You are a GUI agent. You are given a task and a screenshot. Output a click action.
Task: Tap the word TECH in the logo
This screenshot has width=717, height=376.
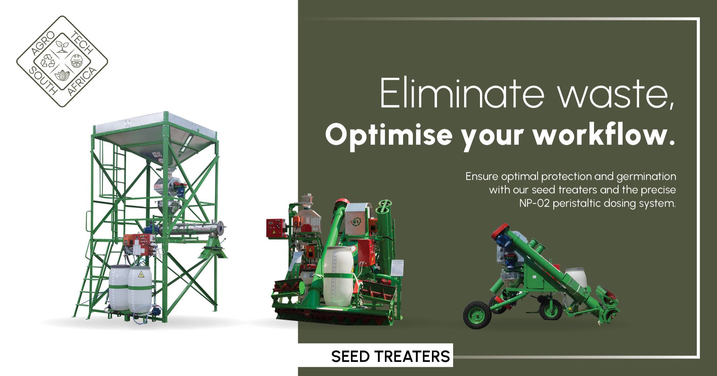click(82, 43)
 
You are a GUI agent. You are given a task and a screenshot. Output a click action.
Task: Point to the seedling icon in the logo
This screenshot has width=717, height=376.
click(62, 47)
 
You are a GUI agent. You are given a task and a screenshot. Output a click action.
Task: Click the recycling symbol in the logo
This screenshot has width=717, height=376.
click(47, 61)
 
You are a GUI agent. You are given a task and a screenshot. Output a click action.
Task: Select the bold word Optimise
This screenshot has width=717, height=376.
click(389, 135)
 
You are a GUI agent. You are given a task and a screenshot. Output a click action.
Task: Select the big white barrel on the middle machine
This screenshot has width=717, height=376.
click(338, 276)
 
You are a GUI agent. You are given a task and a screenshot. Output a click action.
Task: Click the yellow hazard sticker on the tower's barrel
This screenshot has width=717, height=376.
click(141, 274)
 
